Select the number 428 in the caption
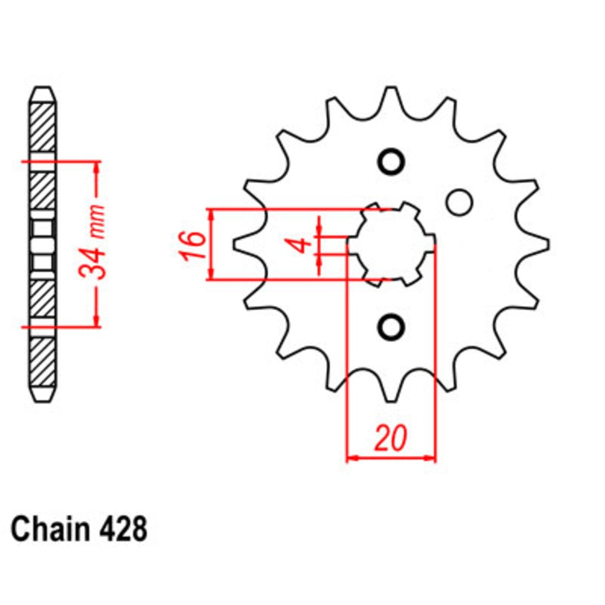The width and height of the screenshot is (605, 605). (120, 529)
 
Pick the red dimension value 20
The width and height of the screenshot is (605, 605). (390, 440)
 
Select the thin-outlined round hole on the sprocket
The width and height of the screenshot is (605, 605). (460, 201)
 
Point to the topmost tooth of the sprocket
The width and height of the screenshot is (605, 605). (391, 97)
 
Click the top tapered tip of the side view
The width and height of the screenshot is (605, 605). (44, 94)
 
